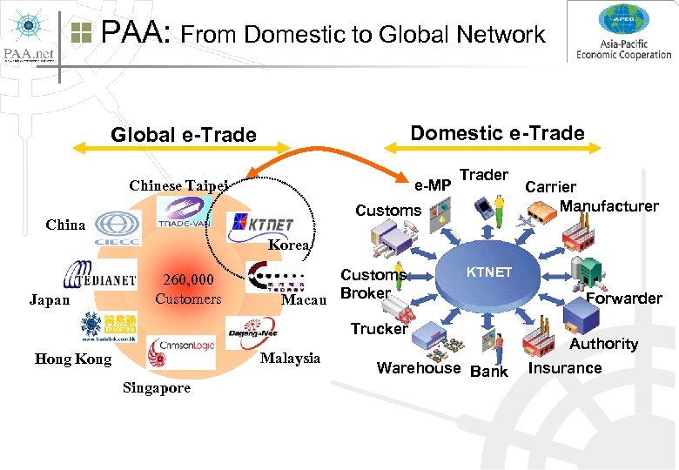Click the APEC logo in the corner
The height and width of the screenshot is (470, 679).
point(623,32)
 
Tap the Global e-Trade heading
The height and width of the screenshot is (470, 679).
point(184,135)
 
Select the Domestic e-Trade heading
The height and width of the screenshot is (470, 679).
point(497,132)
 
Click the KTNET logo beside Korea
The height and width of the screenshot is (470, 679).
point(260,223)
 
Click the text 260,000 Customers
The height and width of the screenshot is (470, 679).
point(188,290)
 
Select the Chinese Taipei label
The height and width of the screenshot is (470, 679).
point(178,185)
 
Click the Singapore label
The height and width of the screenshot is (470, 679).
point(157,388)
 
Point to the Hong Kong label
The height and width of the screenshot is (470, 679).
point(73,359)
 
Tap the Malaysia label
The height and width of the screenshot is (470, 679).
point(290,358)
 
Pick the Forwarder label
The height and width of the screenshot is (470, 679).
point(623,299)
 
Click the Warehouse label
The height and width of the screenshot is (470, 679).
point(418,367)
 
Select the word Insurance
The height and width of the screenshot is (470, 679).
point(565,367)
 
